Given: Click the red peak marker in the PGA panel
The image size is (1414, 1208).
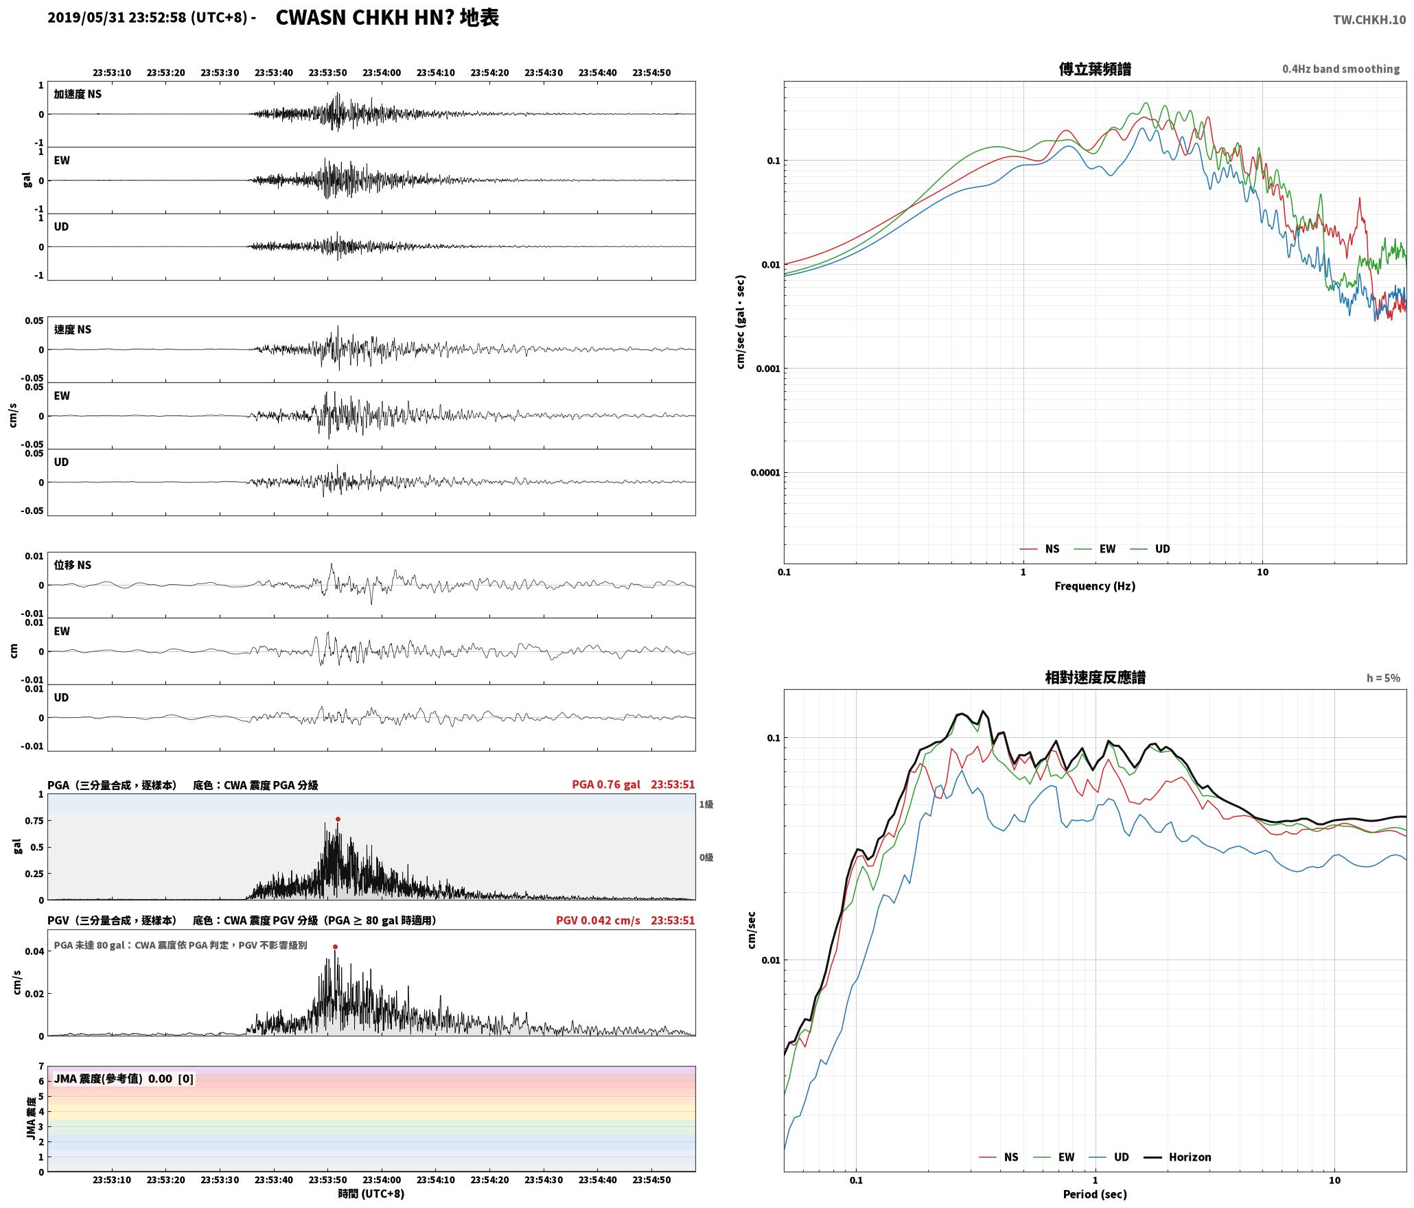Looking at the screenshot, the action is (x=338, y=819).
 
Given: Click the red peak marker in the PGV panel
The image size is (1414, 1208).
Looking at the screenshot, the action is (x=335, y=946).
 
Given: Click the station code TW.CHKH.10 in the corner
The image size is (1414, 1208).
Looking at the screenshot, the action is (x=1369, y=20).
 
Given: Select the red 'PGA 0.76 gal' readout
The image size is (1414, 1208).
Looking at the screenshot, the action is (x=606, y=785).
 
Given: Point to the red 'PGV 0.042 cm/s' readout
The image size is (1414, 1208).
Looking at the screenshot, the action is (x=598, y=920).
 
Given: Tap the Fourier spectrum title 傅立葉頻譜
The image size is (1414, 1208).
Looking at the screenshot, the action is (x=1095, y=69).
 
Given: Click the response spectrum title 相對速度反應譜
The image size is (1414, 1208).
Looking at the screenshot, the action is (x=1095, y=677).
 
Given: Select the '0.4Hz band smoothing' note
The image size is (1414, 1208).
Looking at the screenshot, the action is (x=1341, y=69).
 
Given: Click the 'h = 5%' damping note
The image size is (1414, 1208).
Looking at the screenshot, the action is (x=1383, y=678).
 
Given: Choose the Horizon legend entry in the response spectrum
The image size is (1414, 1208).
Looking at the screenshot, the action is (x=1178, y=1157).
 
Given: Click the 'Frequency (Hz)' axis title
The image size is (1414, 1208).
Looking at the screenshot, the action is (x=1095, y=586).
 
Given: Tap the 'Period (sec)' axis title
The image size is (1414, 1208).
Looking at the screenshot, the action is (x=1095, y=1194).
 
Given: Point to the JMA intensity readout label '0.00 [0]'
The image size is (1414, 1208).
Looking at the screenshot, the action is (x=171, y=1079).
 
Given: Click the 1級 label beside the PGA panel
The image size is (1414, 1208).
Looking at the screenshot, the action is (x=706, y=804).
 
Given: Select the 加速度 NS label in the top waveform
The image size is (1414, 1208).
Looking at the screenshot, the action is (x=78, y=94).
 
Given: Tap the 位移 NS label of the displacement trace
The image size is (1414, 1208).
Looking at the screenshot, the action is (x=73, y=565).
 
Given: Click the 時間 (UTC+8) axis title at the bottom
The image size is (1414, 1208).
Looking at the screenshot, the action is (x=371, y=1194).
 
